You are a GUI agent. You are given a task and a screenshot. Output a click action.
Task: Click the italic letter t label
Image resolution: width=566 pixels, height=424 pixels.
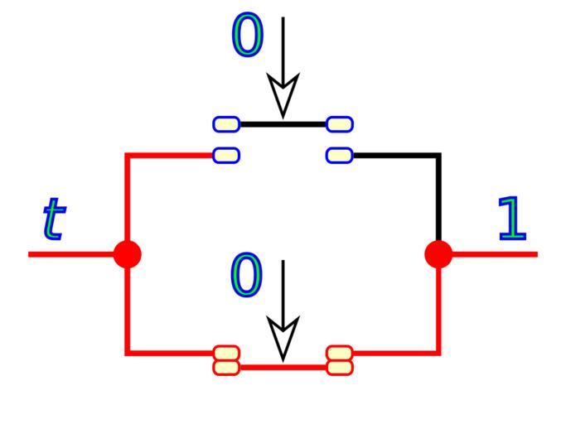point(53,219)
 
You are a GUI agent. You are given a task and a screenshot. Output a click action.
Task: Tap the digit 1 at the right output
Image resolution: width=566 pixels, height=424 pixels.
point(512,219)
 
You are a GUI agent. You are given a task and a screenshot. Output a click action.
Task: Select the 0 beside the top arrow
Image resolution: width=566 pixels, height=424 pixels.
point(247,36)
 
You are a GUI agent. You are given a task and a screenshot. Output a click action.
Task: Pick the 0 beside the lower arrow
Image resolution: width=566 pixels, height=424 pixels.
point(246,276)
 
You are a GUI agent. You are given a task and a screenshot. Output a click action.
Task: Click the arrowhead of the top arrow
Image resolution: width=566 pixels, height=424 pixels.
point(283,95)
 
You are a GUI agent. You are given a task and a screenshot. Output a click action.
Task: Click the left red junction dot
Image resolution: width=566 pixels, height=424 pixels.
point(127,253)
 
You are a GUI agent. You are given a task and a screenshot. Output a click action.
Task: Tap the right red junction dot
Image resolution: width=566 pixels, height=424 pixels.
point(438,253)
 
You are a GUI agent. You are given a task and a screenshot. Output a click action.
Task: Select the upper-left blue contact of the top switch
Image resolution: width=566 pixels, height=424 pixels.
point(226,124)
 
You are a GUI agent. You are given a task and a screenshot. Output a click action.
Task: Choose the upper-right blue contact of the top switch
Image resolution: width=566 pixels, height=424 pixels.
point(340,124)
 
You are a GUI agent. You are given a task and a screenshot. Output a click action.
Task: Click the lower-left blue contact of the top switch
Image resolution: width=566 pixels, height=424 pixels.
point(226,155)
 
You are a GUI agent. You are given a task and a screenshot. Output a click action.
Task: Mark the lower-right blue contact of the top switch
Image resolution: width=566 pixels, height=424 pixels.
point(340,155)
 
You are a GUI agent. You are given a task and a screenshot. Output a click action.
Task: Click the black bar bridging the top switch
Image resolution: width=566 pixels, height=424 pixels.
point(283,124)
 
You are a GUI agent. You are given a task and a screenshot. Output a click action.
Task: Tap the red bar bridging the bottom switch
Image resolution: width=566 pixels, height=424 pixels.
point(283,366)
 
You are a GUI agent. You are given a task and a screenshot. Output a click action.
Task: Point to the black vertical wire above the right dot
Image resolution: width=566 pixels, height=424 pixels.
point(438,199)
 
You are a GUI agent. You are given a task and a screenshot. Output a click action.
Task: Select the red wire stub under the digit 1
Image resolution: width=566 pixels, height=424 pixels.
point(497,253)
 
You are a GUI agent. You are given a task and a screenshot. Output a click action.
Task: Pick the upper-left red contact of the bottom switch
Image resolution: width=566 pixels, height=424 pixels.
point(226,354)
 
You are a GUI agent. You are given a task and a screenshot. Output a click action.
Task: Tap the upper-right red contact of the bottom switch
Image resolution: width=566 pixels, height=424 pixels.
point(340,354)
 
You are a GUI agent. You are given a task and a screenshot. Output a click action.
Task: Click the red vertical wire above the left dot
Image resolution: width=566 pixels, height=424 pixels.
point(127,199)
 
